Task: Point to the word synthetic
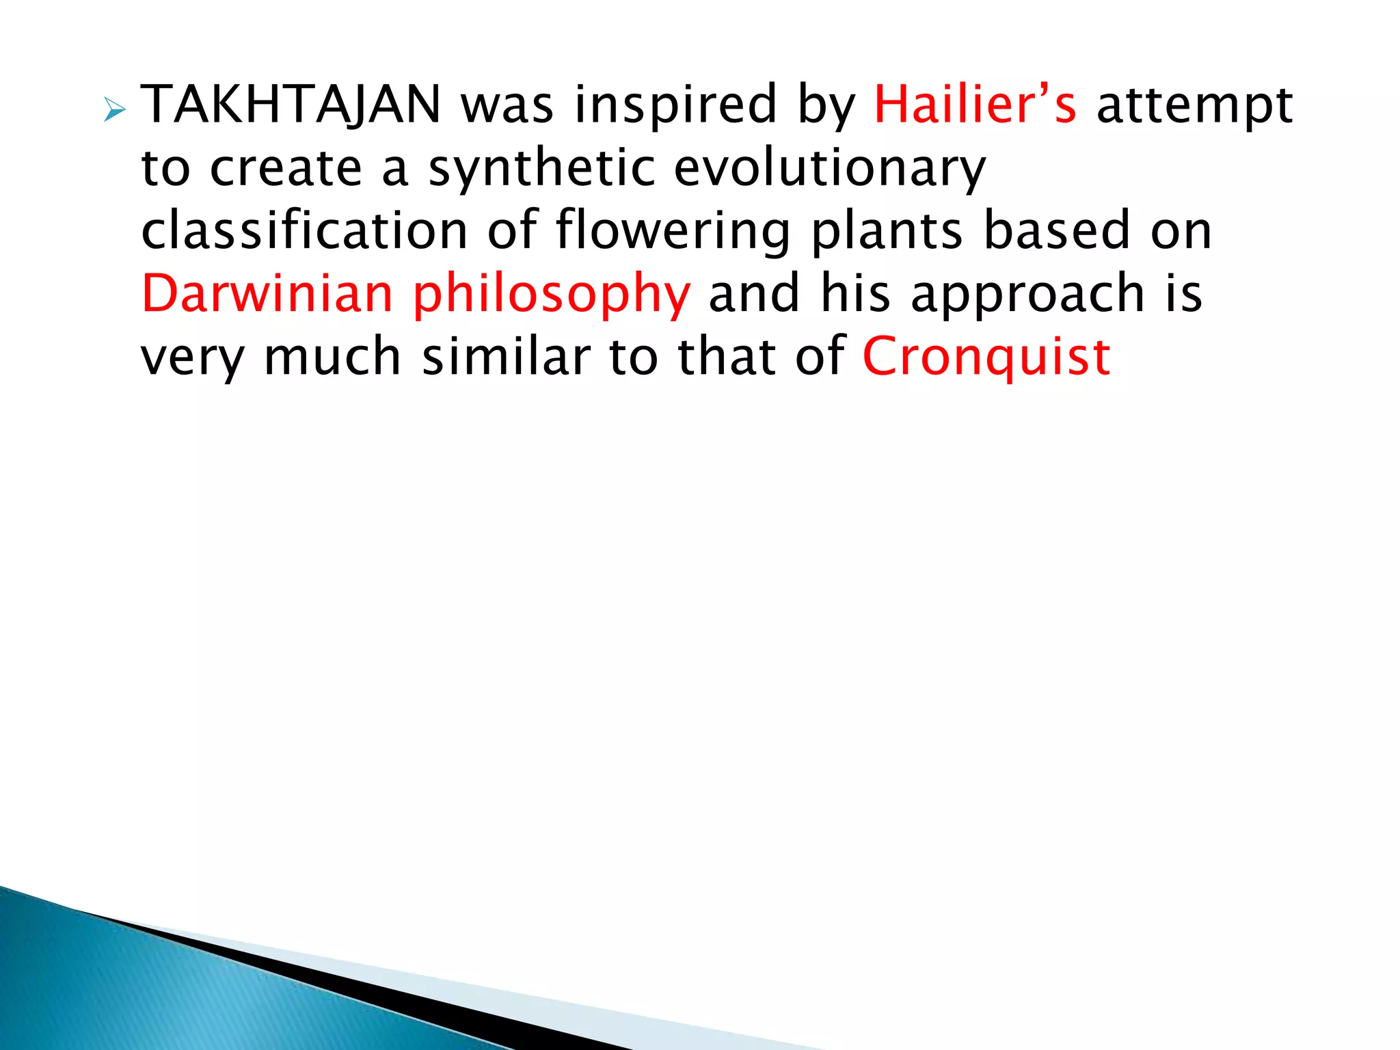coord(541,169)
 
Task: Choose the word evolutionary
coord(830,169)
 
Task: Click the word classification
coord(304,230)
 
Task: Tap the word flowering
coord(673,232)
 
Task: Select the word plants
coord(887,232)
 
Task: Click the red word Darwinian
coord(267,293)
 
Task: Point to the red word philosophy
coord(552,295)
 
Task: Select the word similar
coord(506,356)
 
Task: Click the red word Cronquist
coord(986,358)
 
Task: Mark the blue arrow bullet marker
coord(115,109)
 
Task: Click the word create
coord(286,169)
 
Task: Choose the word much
coord(332,356)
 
